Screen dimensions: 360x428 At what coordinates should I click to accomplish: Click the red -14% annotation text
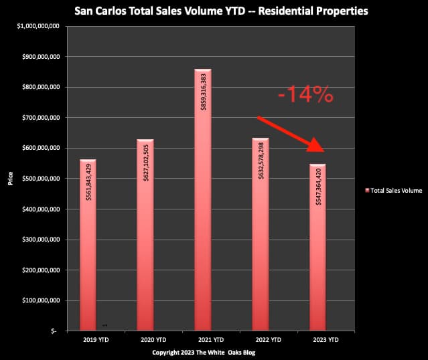[305, 94]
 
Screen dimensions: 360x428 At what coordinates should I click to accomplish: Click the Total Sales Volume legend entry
[390, 191]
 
